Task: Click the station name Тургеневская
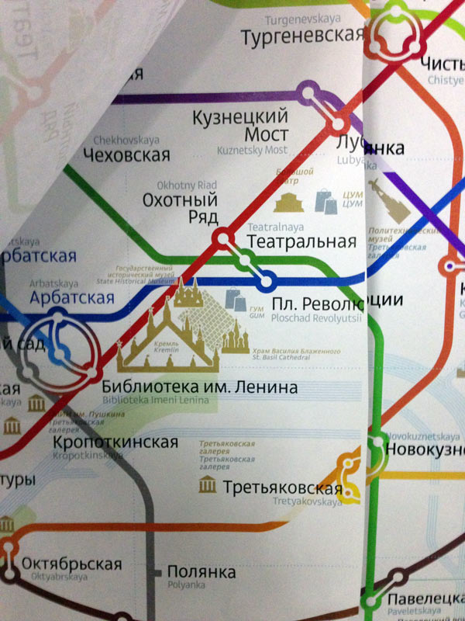(x=302, y=36)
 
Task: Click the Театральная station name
(x=301, y=241)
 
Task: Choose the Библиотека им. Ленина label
(x=198, y=387)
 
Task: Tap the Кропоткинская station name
(x=115, y=442)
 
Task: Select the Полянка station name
(x=201, y=573)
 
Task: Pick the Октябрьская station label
(x=71, y=564)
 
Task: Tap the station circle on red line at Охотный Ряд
(x=224, y=239)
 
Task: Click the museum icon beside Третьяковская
(x=208, y=486)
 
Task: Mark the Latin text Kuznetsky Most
(x=253, y=149)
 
